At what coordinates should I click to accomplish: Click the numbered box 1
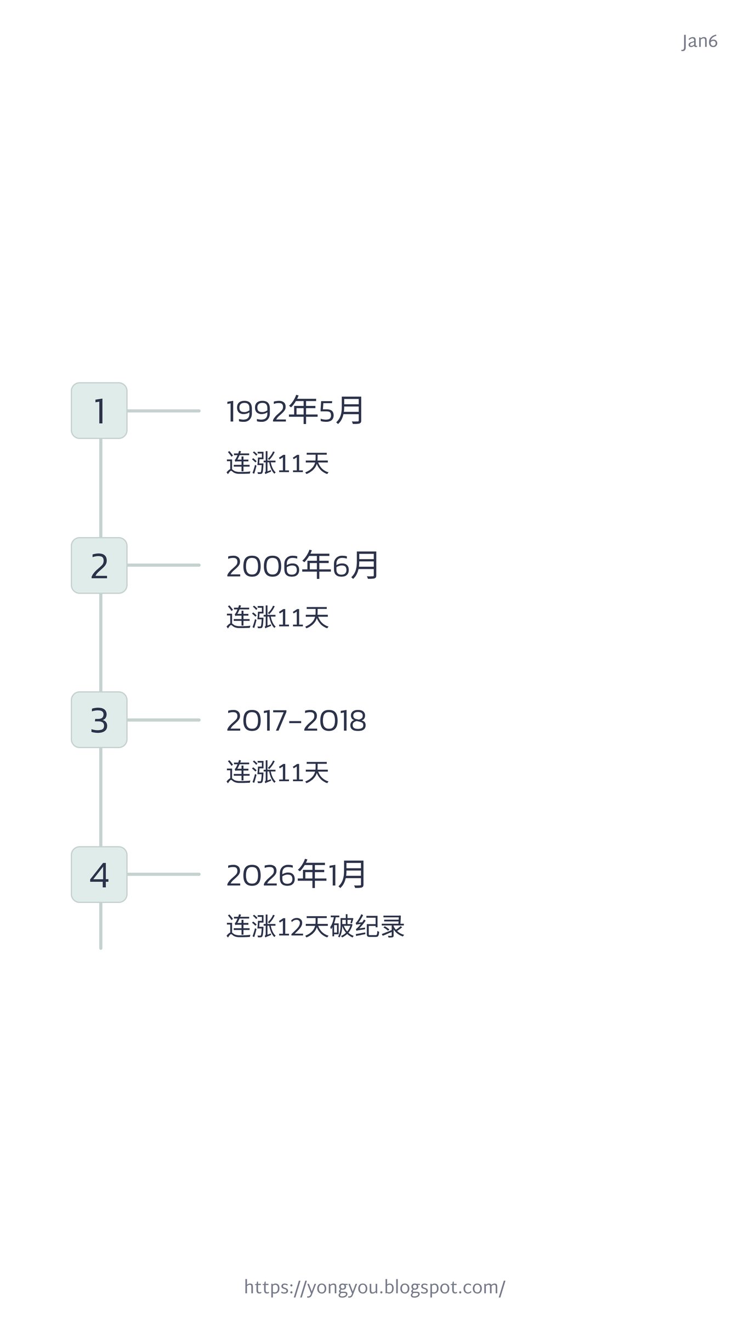pos(99,410)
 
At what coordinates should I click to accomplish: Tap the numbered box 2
pos(99,565)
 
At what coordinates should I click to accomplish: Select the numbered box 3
pos(99,720)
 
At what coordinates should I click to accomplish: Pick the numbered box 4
pos(99,874)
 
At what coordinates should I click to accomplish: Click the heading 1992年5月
pos(295,410)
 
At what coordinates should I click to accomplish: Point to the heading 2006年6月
pos(302,565)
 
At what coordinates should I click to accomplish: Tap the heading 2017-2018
pos(296,720)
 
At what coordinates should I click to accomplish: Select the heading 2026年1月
pos(296,874)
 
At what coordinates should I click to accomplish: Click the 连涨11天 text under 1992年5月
pos(277,463)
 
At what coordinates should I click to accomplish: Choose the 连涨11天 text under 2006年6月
pos(277,618)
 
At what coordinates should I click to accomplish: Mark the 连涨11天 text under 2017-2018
pos(277,772)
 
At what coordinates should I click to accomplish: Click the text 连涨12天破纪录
pos(315,927)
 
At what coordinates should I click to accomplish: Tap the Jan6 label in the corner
pos(700,42)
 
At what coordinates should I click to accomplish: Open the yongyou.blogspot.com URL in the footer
pos(374,1287)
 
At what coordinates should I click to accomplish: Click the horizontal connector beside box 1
pos(163,410)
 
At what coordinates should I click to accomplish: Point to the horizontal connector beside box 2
pos(163,565)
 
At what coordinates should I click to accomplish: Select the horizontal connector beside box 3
pos(163,720)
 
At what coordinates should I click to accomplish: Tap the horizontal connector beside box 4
pos(163,874)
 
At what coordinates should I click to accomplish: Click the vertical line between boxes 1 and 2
pos(101,488)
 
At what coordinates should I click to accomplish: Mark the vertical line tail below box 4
pos(101,925)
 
